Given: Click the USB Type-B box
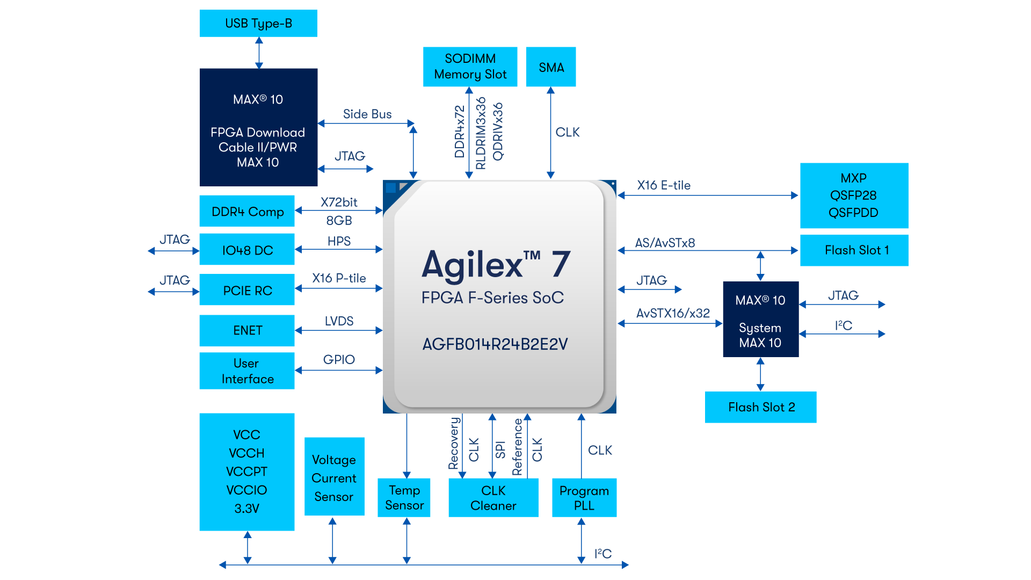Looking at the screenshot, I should [258, 23].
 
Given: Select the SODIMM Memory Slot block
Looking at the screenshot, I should [470, 67].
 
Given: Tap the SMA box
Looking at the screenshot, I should [551, 67].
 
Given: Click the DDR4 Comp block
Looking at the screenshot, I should [247, 211].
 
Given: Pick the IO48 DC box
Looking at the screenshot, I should [247, 250].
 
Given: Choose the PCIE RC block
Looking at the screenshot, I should [247, 290].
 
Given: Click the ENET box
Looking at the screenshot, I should [247, 330].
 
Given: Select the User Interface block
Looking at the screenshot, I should [247, 371].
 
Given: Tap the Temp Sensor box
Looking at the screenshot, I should [404, 498].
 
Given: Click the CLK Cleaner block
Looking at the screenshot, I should [493, 498].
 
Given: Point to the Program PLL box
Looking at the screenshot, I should [584, 498].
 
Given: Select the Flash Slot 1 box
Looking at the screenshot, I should [854, 250].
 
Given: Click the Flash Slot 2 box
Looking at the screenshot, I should [760, 407].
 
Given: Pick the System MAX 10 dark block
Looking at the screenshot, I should [760, 320].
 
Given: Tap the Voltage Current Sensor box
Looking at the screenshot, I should [334, 477].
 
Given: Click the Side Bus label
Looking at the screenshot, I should [367, 114].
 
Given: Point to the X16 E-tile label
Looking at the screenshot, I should [664, 185].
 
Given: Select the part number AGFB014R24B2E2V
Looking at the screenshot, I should [495, 344].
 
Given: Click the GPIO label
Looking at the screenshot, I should [339, 359].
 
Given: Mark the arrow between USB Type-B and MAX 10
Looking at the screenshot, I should [259, 53].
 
